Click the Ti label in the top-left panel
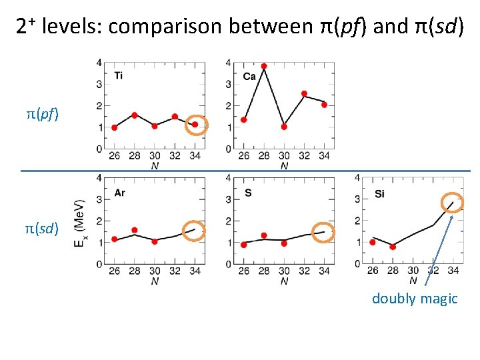[x=118, y=75]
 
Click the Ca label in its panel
[x=249, y=77]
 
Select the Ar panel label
[x=119, y=193]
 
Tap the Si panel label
[x=379, y=194]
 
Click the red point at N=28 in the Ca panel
[x=264, y=66]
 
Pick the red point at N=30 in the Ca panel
[x=284, y=126]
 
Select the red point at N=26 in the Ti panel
[x=114, y=127]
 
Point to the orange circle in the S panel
[x=324, y=231]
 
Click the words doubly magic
[x=415, y=299]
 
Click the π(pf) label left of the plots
[x=42, y=114]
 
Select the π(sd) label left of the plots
[x=42, y=229]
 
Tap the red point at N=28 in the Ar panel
[x=135, y=230]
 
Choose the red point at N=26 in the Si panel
[x=373, y=242]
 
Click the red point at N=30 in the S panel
[x=284, y=243]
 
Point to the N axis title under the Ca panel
[x=284, y=166]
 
